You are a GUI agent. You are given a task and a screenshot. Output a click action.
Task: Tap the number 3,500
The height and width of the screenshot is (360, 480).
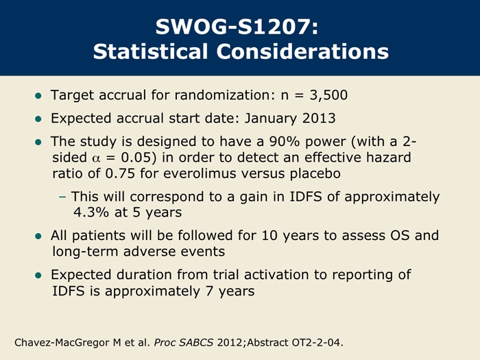(x=328, y=95)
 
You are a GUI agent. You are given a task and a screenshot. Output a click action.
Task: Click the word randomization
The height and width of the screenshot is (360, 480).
(x=223, y=95)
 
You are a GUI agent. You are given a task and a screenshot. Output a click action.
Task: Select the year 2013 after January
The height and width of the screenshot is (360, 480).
(x=319, y=119)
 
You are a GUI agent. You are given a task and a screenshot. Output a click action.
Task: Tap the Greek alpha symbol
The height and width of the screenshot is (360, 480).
(x=96, y=158)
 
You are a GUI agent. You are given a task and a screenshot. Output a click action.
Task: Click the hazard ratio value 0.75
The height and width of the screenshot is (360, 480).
(x=120, y=173)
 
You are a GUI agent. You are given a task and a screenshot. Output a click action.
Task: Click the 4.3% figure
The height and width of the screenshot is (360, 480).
(x=91, y=212)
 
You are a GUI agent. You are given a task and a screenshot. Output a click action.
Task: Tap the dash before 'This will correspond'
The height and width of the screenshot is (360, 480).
(x=62, y=197)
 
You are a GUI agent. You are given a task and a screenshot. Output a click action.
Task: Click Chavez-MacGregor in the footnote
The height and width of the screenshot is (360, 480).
(x=62, y=343)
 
